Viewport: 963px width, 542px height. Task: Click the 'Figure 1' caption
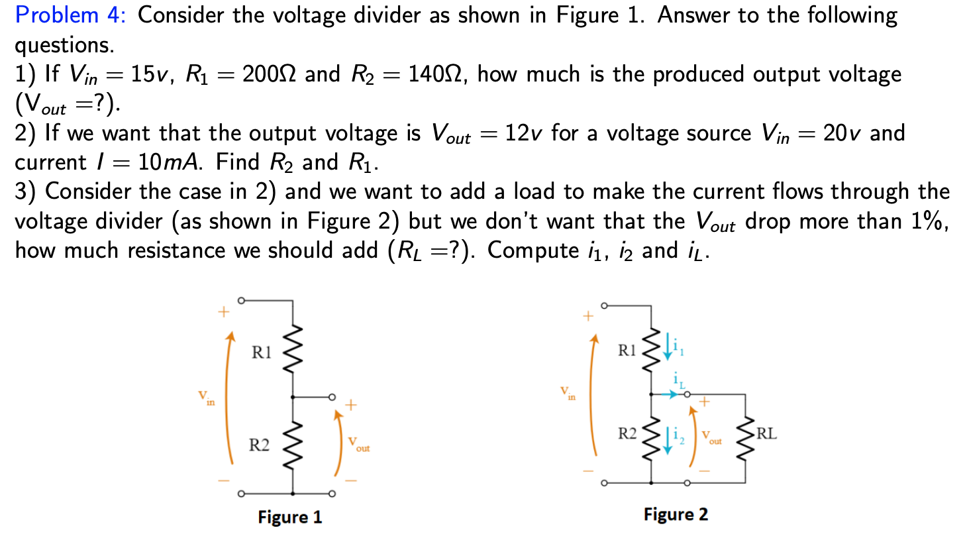coord(290,517)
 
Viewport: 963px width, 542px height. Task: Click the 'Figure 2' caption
coord(676,514)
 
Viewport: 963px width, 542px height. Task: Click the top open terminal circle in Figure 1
coord(242,300)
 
